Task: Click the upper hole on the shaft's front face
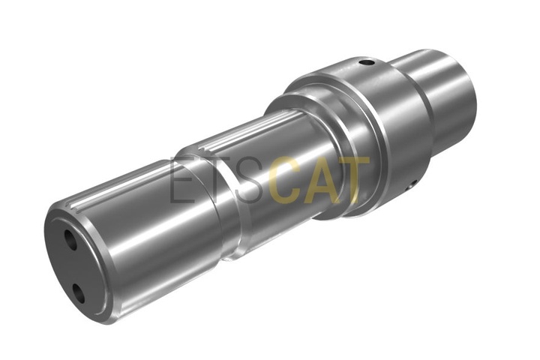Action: (71, 239)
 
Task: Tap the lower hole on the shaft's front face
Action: (79, 292)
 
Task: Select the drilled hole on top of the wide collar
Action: (367, 63)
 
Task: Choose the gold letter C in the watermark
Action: (285, 179)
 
